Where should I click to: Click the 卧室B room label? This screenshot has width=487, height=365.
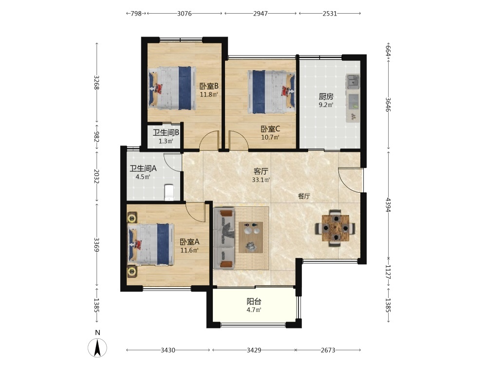pyautogui.click(x=209, y=86)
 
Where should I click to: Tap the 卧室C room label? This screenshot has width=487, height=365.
pyautogui.click(x=270, y=128)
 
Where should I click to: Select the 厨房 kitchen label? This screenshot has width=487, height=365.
pyautogui.click(x=326, y=96)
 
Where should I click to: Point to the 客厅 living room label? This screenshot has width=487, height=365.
pyautogui.click(x=261, y=171)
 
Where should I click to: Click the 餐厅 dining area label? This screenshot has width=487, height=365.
pyautogui.click(x=304, y=196)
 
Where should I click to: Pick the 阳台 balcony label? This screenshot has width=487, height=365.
pyautogui.click(x=254, y=301)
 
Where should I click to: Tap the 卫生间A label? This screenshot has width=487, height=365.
pyautogui.click(x=143, y=168)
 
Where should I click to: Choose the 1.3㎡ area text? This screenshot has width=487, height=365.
pyautogui.click(x=166, y=141)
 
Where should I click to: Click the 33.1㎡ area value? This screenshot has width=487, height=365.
pyautogui.click(x=261, y=180)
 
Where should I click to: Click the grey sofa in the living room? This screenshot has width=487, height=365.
pyautogui.click(x=225, y=238)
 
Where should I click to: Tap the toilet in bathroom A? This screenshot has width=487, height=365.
pyautogui.click(x=169, y=192)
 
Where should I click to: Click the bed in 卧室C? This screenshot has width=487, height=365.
pyautogui.click(x=271, y=92)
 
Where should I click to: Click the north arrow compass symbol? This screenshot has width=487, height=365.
pyautogui.click(x=97, y=347)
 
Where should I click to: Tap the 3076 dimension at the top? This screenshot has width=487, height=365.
pyautogui.click(x=185, y=13)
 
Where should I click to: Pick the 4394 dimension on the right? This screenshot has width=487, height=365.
pyautogui.click(x=388, y=204)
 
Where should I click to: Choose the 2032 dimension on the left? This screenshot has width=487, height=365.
pyautogui.click(x=96, y=176)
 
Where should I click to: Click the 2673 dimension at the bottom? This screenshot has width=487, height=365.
pyautogui.click(x=328, y=350)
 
